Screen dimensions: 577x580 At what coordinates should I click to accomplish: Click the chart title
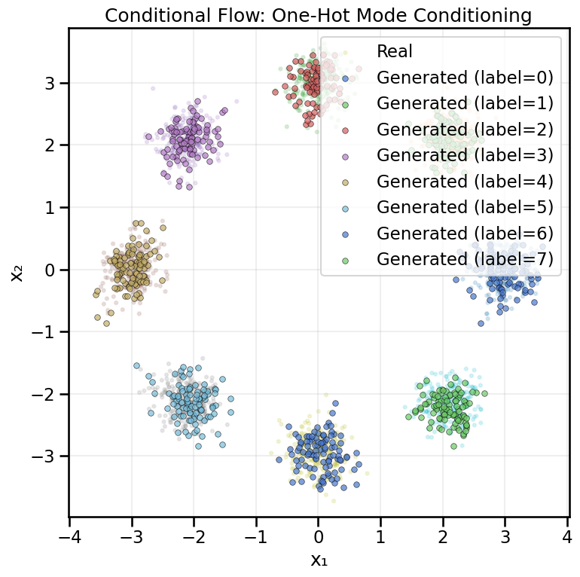(x=318, y=15)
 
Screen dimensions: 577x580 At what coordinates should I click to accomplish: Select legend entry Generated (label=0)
(x=465, y=77)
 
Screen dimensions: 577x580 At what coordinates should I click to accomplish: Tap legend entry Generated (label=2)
(x=465, y=129)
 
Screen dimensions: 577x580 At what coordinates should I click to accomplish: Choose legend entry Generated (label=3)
(x=465, y=155)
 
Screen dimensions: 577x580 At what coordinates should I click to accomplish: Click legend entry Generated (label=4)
(x=465, y=181)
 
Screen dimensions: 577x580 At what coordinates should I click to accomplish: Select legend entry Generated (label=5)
(x=465, y=207)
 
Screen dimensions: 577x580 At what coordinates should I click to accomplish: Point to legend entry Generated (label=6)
(x=465, y=233)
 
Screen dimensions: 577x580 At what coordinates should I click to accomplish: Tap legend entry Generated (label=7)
(x=465, y=259)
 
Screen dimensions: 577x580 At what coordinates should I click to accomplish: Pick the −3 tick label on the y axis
(x=46, y=456)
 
